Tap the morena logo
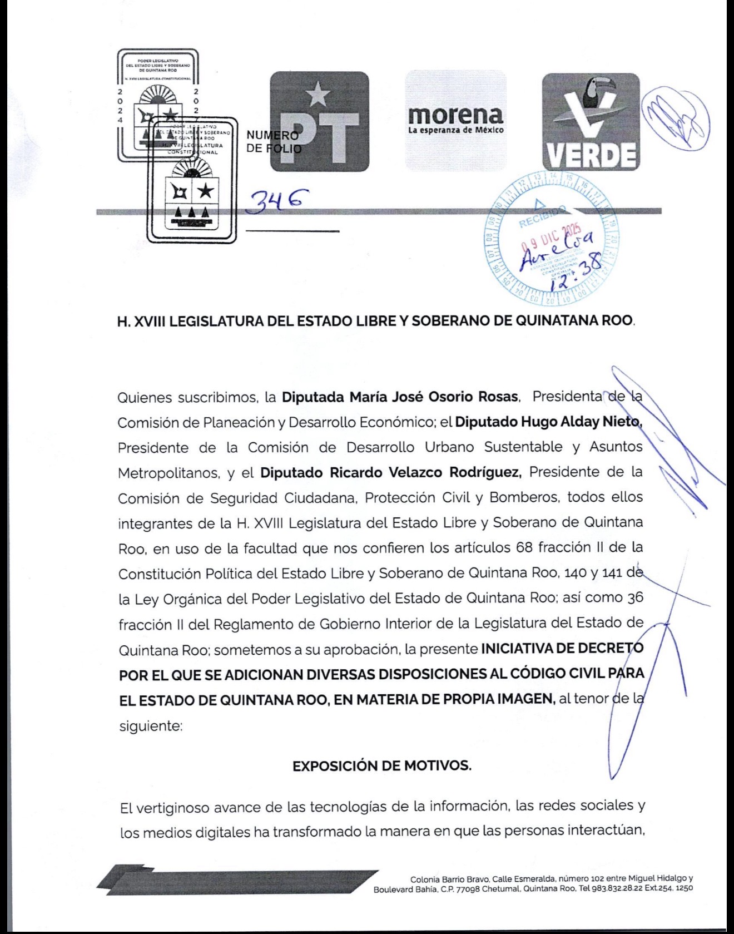pos(455,120)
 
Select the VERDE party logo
pos(591,121)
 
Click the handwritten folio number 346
pos(277,198)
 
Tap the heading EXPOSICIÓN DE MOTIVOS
pos(381,765)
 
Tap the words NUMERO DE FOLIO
pos(272,142)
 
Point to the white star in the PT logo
pos(318,93)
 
